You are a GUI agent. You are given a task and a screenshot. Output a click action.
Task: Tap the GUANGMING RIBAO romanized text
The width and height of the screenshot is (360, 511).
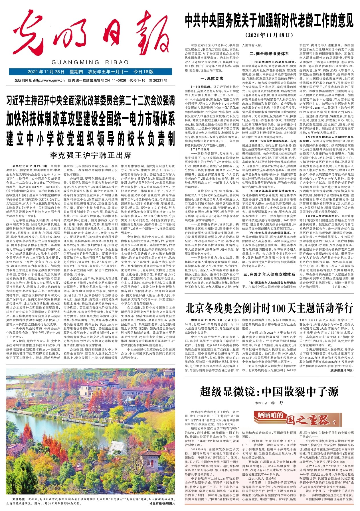90,62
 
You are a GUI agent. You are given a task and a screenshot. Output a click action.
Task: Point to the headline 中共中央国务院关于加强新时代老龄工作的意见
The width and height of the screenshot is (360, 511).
269,21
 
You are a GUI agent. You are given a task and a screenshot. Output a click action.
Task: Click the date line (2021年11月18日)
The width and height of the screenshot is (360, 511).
269,35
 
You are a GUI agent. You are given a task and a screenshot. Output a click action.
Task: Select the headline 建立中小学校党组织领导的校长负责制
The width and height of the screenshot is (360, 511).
91,139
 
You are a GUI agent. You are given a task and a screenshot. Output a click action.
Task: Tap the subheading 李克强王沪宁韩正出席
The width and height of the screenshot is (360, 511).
91,155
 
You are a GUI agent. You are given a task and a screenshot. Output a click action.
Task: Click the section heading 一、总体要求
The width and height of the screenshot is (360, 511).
212,78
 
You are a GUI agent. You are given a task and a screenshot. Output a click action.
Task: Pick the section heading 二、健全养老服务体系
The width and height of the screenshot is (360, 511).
269,54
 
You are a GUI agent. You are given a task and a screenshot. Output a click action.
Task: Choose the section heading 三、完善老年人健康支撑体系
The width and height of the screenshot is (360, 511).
269,274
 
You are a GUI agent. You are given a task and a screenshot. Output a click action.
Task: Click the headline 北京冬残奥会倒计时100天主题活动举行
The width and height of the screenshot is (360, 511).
269,308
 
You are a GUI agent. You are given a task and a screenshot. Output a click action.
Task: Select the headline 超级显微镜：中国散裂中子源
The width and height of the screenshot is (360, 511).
269,392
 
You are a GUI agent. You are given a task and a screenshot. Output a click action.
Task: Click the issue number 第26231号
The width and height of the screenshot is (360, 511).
158,81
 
